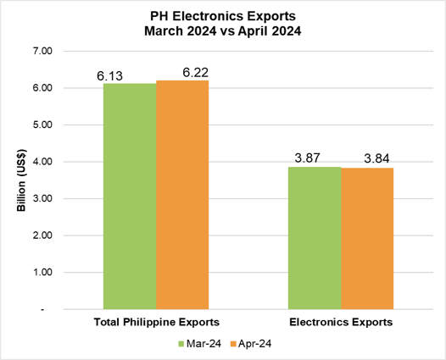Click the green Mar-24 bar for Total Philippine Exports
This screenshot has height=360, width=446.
(130, 197)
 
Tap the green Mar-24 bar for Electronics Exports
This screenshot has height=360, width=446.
(314, 238)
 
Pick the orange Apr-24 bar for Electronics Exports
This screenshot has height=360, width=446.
(366, 239)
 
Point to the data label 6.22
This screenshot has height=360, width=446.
(194, 73)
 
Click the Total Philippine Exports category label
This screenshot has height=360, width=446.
(156, 323)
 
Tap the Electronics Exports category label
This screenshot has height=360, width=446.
(341, 323)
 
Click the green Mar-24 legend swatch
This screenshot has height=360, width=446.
(181, 344)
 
